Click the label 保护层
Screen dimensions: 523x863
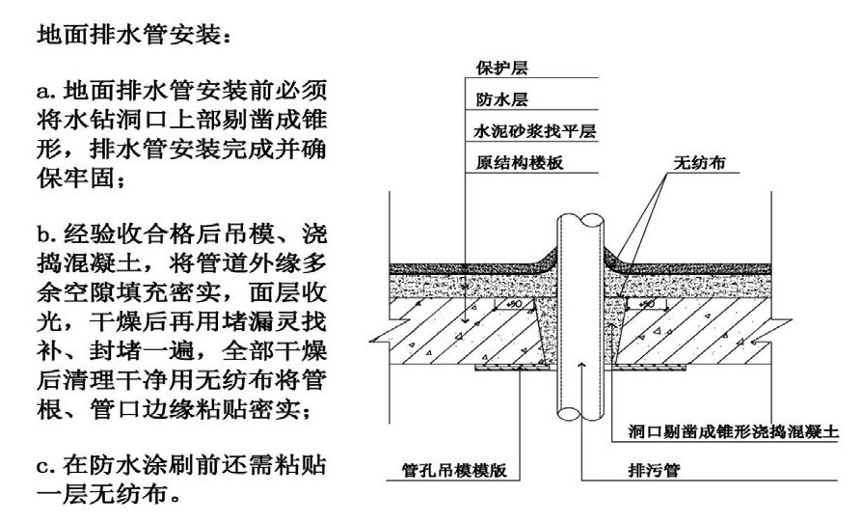[502, 69]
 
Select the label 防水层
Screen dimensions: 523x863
[502, 99]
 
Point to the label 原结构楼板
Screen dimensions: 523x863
[519, 162]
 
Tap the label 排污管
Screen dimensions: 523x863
[641, 473]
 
